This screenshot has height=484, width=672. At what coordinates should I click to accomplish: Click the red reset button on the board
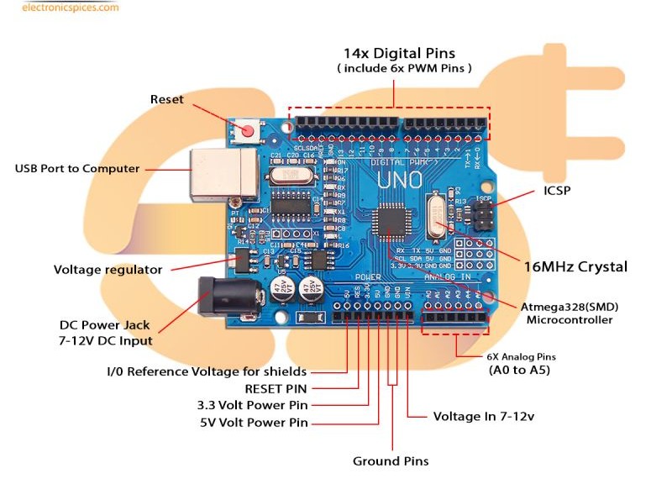point(247,130)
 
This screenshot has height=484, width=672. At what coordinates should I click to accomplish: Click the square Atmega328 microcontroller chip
point(392,220)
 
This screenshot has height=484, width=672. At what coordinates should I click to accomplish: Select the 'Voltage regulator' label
point(108,270)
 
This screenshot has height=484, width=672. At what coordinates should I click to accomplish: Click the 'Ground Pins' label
point(391,460)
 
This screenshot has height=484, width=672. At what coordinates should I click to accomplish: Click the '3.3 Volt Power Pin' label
point(252,405)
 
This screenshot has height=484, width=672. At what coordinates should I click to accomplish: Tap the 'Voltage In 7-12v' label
point(484,416)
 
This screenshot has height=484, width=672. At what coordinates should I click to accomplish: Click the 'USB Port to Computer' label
point(77,168)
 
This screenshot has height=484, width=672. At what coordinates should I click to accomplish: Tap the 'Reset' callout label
point(166,99)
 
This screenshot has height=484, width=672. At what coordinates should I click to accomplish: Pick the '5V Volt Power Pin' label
point(254,422)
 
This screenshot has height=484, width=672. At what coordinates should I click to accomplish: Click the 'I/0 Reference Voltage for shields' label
point(207,371)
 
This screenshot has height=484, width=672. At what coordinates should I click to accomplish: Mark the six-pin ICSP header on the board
point(483,215)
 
